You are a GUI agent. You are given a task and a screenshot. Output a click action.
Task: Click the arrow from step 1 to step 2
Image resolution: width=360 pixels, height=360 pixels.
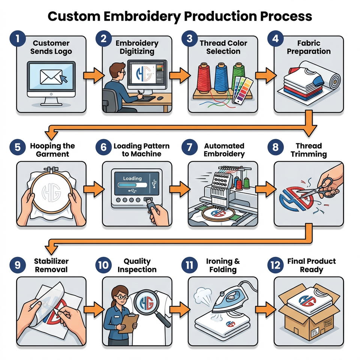pyautogui.click(x=92, y=75)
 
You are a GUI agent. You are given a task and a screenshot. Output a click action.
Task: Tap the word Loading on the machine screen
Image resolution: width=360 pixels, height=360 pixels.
pyautogui.click(x=132, y=178)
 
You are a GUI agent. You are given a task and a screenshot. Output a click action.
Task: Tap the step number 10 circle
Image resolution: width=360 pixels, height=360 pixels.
pyautogui.click(x=102, y=265)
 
